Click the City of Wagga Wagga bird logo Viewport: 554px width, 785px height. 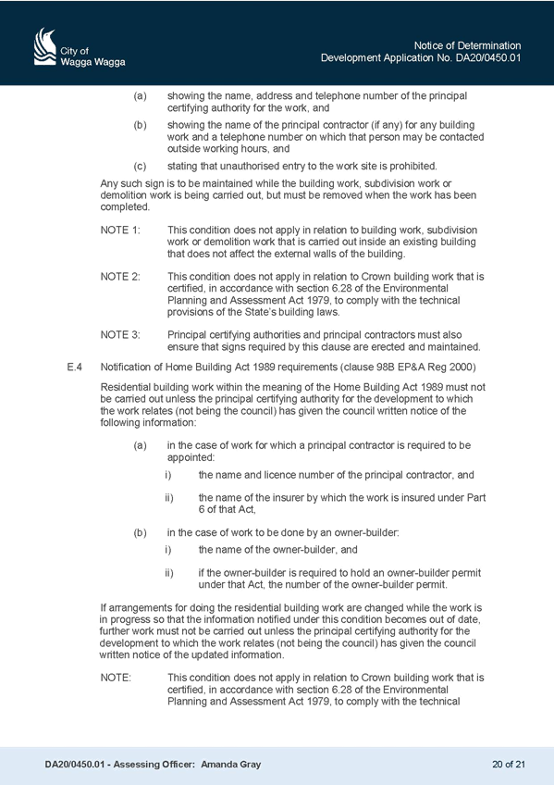45,46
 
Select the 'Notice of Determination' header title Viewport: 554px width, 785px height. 467,45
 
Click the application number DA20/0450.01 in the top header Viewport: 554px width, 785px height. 488,57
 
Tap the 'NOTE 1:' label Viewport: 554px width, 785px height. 120,230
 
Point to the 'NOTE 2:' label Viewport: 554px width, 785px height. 120,277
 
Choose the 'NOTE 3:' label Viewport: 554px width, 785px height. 120,334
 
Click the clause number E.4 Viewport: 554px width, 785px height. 74,367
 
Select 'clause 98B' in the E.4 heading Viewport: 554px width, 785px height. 369,367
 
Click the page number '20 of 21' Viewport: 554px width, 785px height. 509,764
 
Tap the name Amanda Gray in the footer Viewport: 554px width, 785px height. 230,764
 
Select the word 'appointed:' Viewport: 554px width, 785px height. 191,457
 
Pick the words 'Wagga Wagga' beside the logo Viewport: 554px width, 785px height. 92,62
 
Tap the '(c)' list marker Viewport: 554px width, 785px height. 140,166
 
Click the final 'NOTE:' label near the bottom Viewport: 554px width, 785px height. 116,678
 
